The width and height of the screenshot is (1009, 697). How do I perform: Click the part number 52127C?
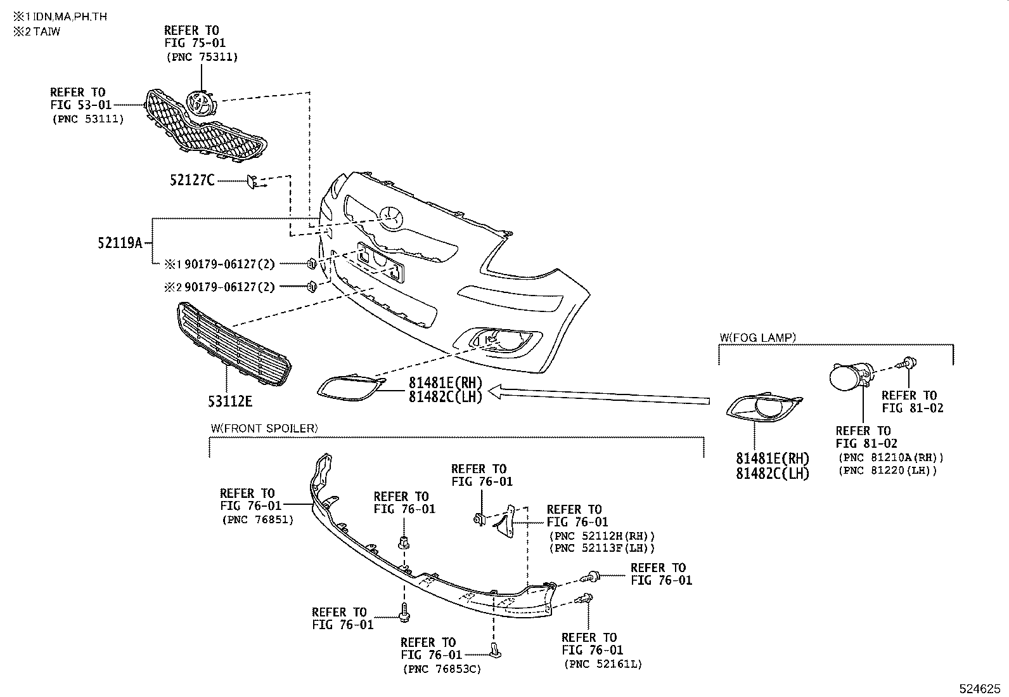[192, 180]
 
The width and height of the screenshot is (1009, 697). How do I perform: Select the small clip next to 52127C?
[252, 181]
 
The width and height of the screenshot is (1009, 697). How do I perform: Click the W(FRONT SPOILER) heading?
[264, 428]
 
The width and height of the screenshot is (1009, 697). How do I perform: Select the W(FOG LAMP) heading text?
[757, 337]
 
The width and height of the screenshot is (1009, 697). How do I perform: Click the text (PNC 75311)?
[202, 57]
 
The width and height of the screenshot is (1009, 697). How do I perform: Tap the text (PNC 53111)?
[87, 119]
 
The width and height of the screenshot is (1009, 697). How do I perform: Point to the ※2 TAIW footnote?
[37, 31]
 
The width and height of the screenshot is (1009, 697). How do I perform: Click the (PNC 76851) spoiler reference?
[257, 519]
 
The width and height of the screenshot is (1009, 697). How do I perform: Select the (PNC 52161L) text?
[603, 664]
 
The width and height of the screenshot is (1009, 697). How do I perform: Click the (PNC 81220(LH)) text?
[887, 471]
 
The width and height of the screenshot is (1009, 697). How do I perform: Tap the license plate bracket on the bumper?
[380, 262]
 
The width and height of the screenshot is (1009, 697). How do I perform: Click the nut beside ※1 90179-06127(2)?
[311, 263]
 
